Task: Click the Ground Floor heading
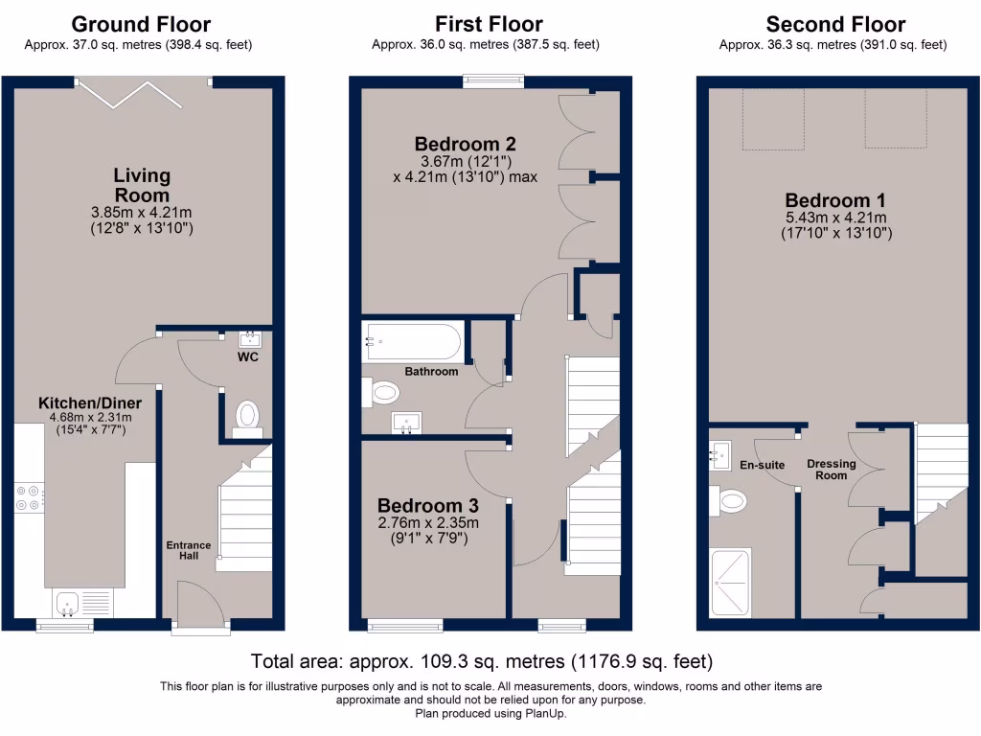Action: click(x=141, y=24)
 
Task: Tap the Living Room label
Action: click(x=142, y=185)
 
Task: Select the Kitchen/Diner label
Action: click(x=90, y=403)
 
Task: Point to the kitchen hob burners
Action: click(x=28, y=497)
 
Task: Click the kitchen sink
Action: click(x=66, y=604)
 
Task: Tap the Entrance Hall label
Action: click(x=189, y=550)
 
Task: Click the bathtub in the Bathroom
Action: click(x=414, y=342)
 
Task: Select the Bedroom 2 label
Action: click(x=465, y=144)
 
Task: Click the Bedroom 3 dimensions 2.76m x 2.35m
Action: click(x=428, y=522)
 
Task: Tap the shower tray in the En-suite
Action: click(x=730, y=583)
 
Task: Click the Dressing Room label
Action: click(x=831, y=470)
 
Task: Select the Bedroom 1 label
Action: click(x=835, y=200)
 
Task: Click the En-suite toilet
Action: click(x=729, y=500)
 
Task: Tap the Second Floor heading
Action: click(x=835, y=24)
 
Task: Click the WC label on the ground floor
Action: click(x=248, y=357)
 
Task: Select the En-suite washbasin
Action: click(x=720, y=455)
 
